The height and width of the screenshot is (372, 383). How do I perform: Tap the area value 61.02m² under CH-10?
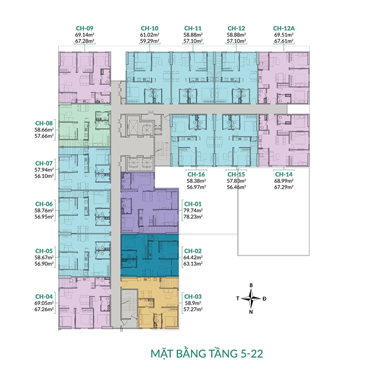pyautogui.click(x=149, y=35)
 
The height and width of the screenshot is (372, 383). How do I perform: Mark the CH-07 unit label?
pyautogui.click(x=44, y=163)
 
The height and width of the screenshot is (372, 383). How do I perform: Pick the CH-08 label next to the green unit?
pyautogui.click(x=44, y=123)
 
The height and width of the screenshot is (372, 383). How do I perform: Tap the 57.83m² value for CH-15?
pyautogui.click(x=236, y=180)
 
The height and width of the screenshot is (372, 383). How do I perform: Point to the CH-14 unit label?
pyautogui.click(x=283, y=174)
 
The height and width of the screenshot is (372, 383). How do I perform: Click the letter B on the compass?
pyautogui.click(x=251, y=285)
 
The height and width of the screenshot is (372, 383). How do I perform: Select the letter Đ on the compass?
pyautogui.click(x=265, y=298)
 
